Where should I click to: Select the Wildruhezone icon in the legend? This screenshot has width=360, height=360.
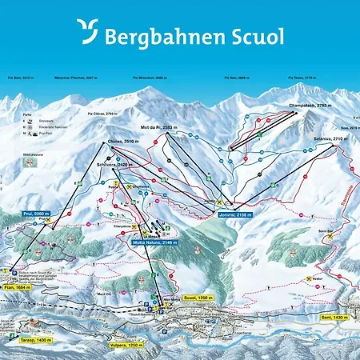pyautogui.click(x=30, y=163)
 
